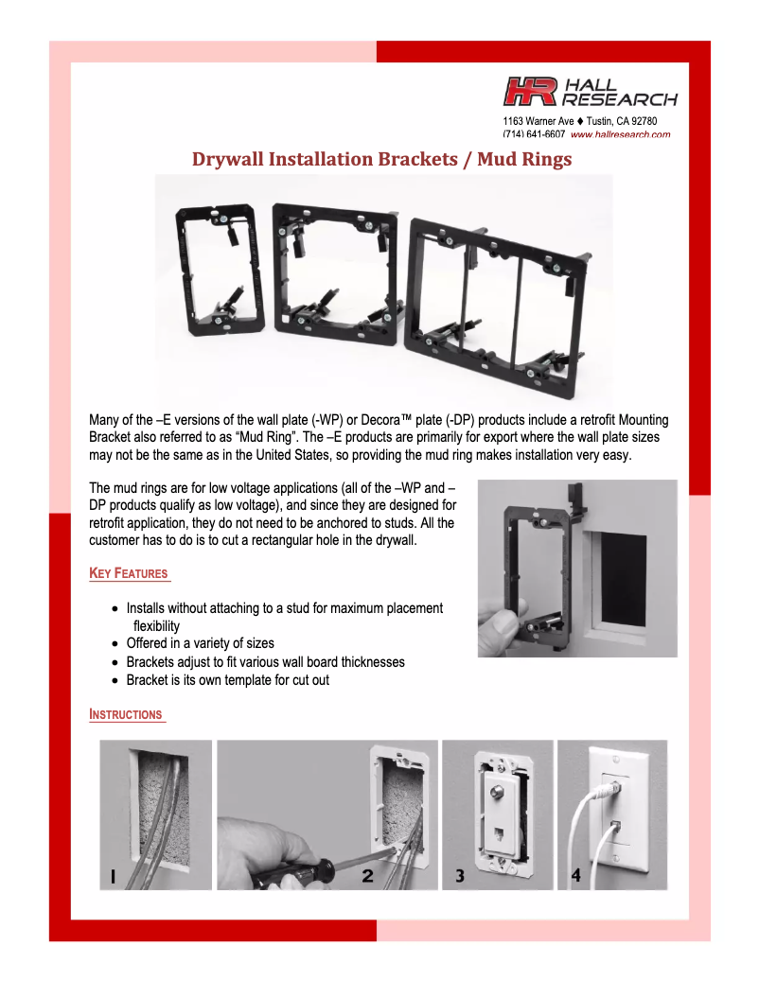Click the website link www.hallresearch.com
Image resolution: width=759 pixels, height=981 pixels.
620,134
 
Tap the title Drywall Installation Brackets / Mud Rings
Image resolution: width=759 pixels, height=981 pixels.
381,159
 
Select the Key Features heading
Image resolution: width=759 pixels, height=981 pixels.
129,573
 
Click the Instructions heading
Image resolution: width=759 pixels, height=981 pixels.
126,714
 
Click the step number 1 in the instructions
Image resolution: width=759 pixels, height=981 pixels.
112,877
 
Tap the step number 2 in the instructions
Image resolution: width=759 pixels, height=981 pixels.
367,877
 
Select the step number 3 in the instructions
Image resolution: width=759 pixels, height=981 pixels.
460,876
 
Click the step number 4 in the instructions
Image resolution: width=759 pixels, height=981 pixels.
575,876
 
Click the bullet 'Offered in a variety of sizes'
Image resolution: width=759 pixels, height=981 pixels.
200,643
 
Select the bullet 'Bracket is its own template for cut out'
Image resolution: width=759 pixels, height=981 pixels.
227,679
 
